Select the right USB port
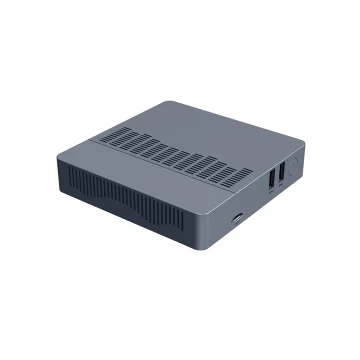(x=282, y=172)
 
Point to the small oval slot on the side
(x=236, y=214)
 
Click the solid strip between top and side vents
(x=140, y=176)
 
